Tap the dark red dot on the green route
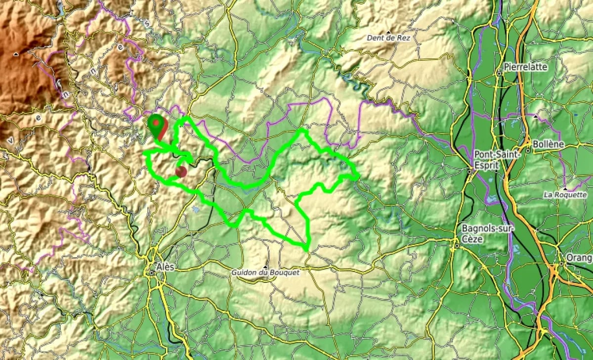[x=181, y=172]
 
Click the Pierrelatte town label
[x=526, y=67]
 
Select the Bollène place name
[x=548, y=145]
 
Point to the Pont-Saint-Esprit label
[x=497, y=159]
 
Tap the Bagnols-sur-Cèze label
[x=487, y=233]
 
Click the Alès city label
[x=166, y=267]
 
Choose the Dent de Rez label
[x=388, y=38]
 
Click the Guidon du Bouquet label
[x=265, y=272]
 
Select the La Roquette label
[x=565, y=195]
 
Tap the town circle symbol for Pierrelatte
[x=499, y=73]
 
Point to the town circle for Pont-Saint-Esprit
[x=469, y=172]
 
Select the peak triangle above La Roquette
[x=564, y=188]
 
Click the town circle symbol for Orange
[x=562, y=265]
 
